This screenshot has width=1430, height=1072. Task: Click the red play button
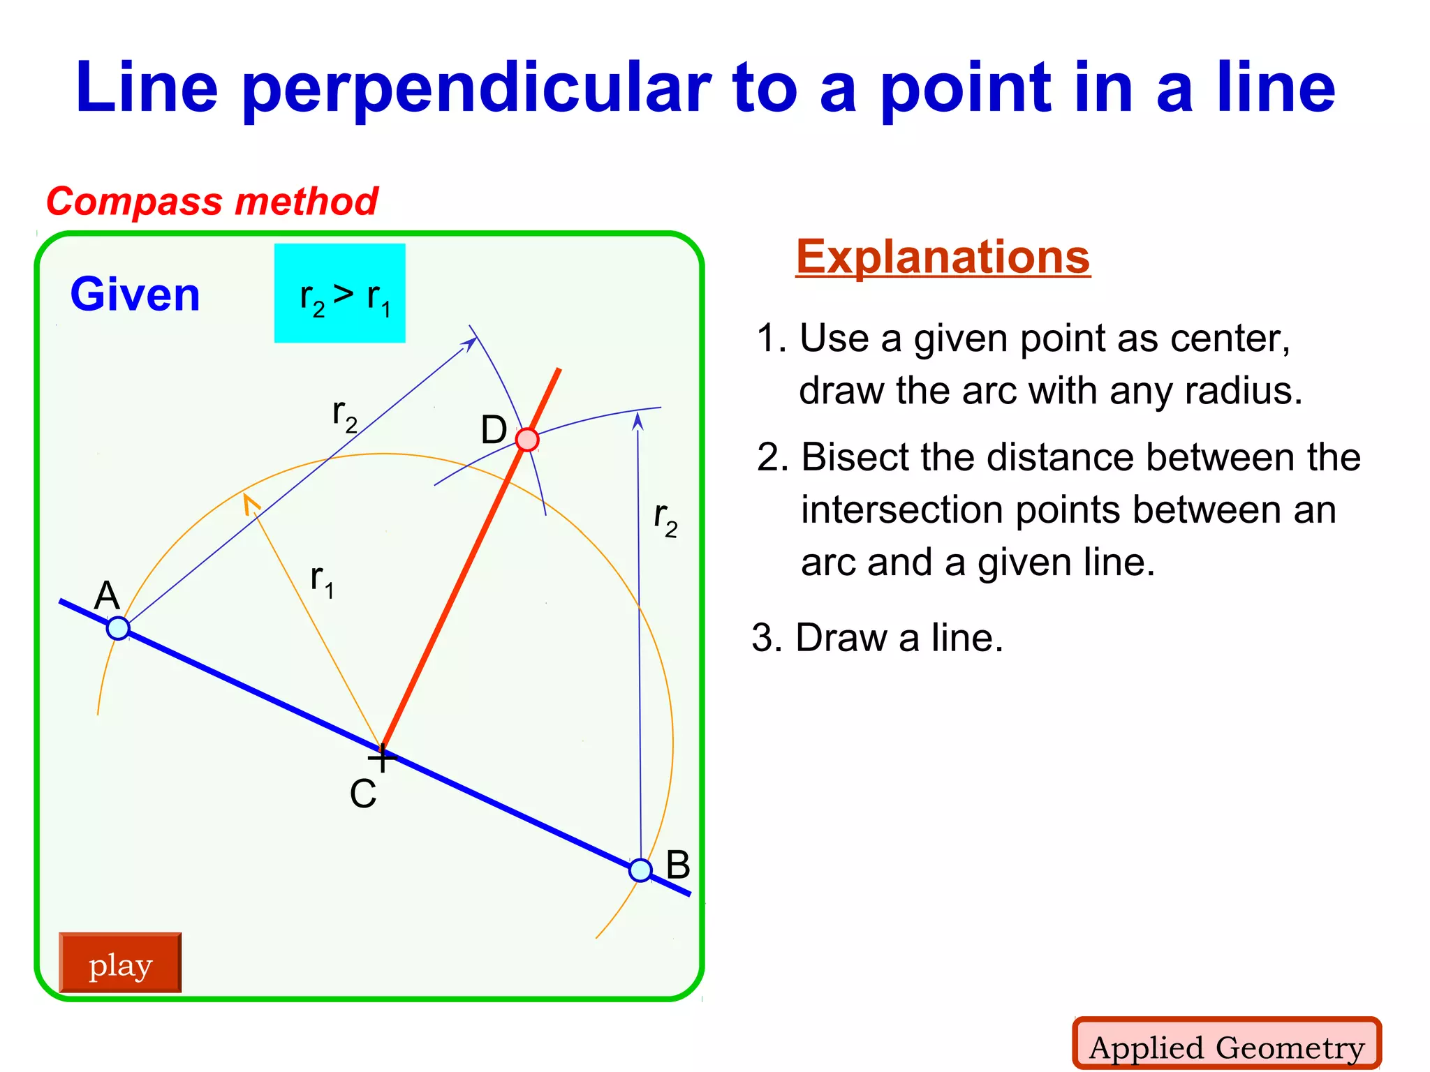tap(120, 963)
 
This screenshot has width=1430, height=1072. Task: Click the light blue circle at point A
tap(118, 628)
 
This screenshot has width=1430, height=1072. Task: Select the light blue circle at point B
tap(640, 870)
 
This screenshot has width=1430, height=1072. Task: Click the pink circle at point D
tap(527, 440)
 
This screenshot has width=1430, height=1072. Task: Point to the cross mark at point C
tap(382, 758)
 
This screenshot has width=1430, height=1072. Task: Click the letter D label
tap(494, 430)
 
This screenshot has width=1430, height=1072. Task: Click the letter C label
tap(363, 794)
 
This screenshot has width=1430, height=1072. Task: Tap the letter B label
tap(677, 865)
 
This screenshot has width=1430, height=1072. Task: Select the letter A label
tap(107, 596)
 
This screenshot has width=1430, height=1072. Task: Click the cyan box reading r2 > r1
tap(340, 293)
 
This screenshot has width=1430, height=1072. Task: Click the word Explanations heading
tap(943, 257)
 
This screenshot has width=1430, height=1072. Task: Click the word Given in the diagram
tap(135, 295)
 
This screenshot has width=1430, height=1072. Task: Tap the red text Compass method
tap(212, 202)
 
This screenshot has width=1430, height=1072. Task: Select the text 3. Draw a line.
tap(878, 637)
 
